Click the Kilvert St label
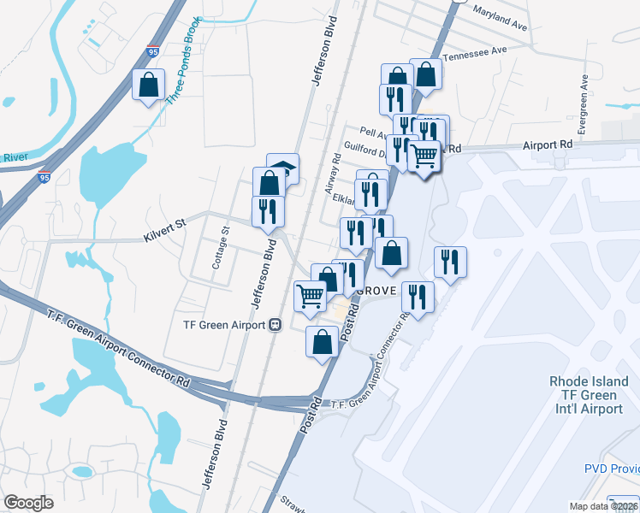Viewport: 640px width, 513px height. [x=164, y=225]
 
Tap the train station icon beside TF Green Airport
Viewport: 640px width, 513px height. [x=276, y=325]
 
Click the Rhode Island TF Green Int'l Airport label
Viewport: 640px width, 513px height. [x=589, y=395]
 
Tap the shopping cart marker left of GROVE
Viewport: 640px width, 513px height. [x=310, y=296]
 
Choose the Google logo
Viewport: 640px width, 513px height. [x=28, y=503]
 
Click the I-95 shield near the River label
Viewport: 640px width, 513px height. [x=44, y=178]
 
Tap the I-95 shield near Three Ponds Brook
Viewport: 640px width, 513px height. [x=152, y=52]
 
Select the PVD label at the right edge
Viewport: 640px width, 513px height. [x=611, y=469]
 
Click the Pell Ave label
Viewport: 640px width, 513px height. [x=373, y=132]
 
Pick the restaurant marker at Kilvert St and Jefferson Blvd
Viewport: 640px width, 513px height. [x=268, y=210]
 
